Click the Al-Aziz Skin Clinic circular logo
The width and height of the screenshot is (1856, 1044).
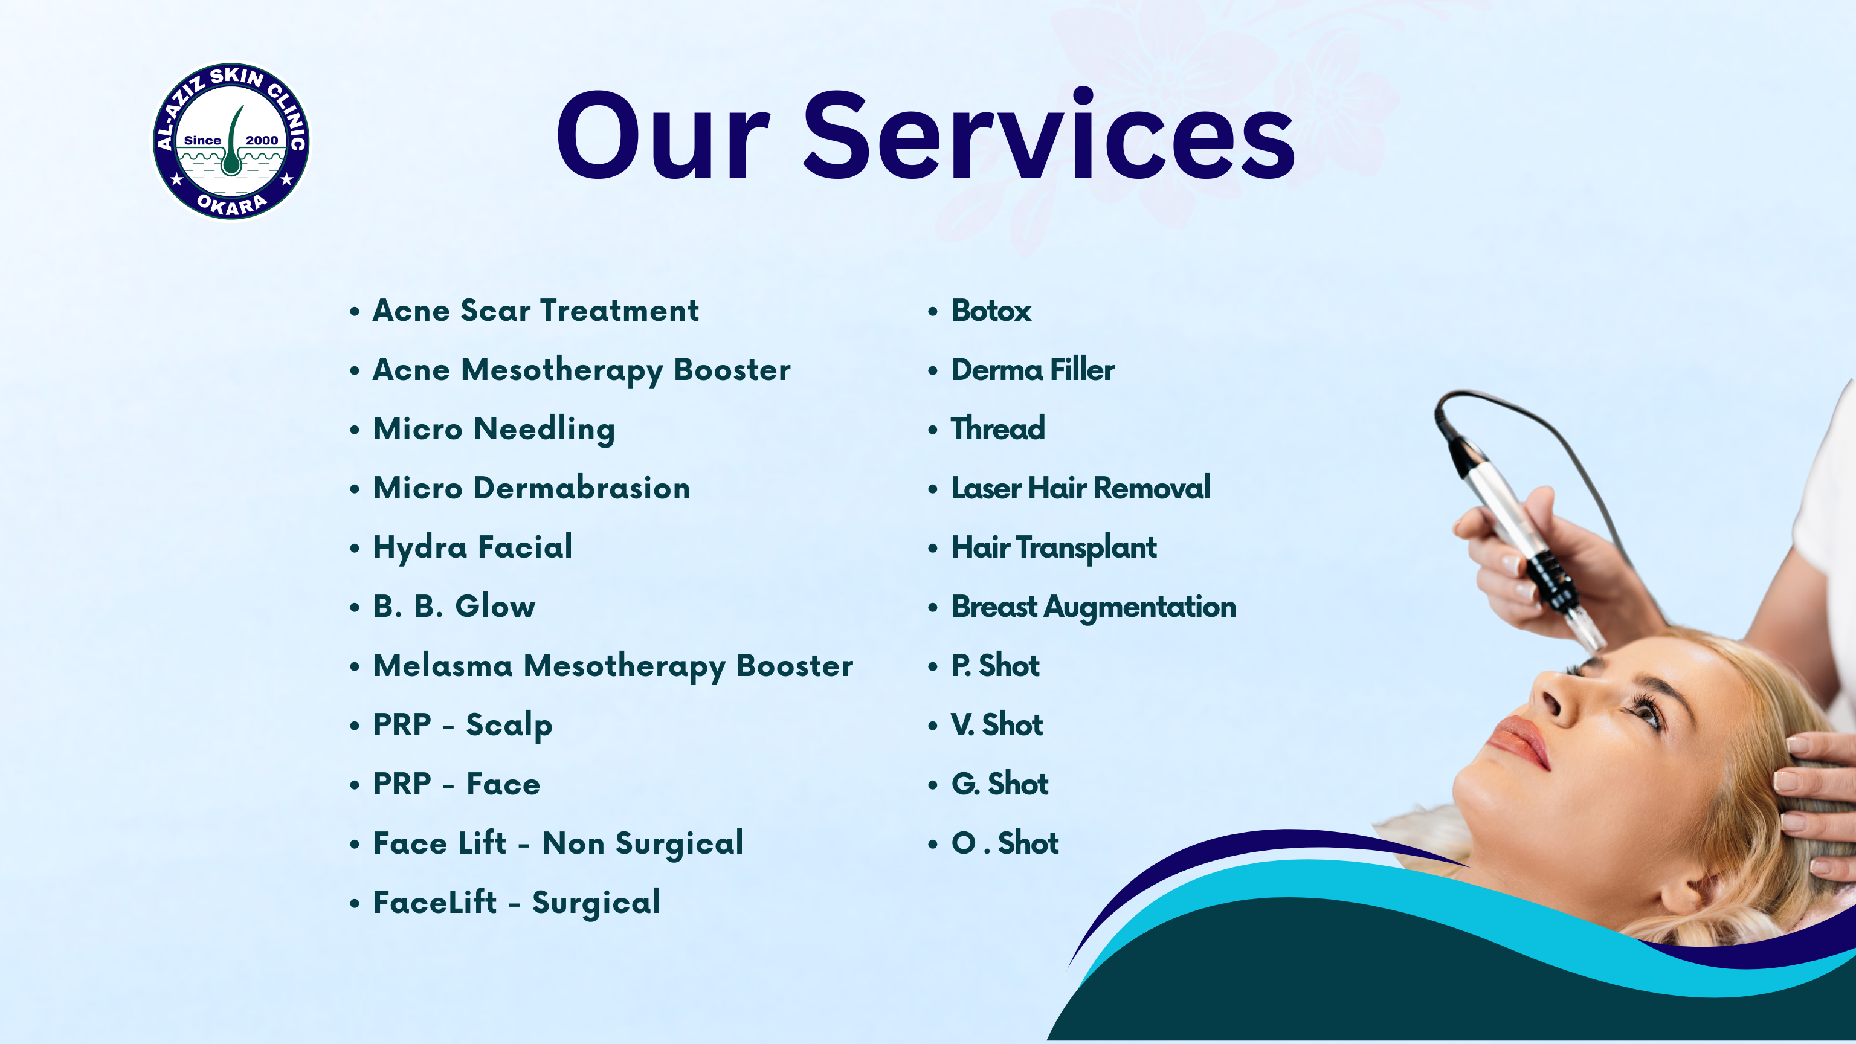231,141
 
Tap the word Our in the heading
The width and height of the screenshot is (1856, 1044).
663,136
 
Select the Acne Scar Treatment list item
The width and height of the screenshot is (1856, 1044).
535,311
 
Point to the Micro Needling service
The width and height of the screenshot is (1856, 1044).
494,430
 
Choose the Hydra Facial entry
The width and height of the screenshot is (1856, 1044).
472,547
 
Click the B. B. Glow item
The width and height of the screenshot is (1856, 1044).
454,607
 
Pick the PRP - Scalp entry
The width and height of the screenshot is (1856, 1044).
463,726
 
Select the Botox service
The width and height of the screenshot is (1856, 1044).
991,311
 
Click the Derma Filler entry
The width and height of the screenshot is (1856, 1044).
1033,370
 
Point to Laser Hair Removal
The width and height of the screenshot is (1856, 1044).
1080,488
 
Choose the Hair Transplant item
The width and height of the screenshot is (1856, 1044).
1054,547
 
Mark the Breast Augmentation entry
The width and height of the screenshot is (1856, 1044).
1093,607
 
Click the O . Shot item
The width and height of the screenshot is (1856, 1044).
1004,843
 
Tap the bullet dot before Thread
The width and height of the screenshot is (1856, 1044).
933,430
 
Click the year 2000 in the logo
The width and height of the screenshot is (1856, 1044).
262,141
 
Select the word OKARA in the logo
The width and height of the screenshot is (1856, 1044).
232,205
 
